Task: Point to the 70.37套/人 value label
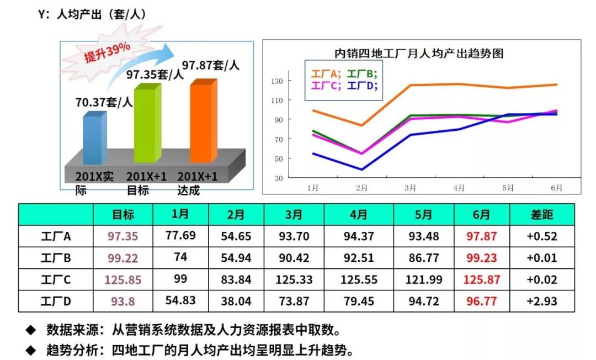pyautogui.click(x=104, y=102)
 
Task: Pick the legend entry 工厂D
pyautogui.click(x=363, y=86)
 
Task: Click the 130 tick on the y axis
pyautogui.click(x=276, y=81)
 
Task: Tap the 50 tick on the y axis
pyautogui.click(x=278, y=159)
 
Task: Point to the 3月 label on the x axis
pyautogui.click(x=410, y=188)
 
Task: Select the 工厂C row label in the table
pyautogui.click(x=56, y=280)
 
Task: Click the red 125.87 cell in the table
pyautogui.click(x=482, y=280)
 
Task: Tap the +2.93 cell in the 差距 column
pyautogui.click(x=541, y=301)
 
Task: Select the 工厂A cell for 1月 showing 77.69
pyautogui.click(x=180, y=236)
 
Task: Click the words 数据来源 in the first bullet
pyautogui.click(x=69, y=330)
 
